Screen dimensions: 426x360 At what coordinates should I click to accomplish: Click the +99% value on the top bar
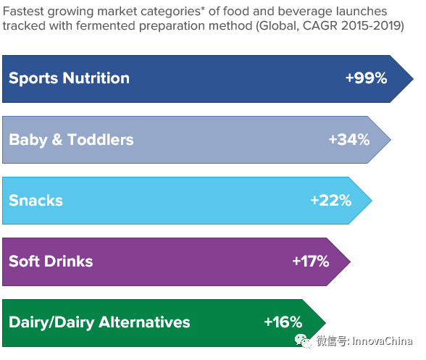tap(367, 78)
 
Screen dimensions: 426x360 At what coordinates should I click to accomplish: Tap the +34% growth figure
tap(349, 139)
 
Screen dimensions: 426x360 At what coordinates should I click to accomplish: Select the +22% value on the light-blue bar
tap(331, 201)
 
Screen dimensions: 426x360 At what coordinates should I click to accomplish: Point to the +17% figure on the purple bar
tap(311, 261)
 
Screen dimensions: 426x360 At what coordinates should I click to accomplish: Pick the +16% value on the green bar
tap(283, 322)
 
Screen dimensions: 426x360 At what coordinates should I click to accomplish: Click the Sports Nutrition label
tap(70, 78)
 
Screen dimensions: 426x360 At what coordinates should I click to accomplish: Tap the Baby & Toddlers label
tap(71, 140)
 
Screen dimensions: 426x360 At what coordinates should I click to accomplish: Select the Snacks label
tap(35, 201)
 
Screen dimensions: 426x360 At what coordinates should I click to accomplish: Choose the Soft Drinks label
tap(51, 261)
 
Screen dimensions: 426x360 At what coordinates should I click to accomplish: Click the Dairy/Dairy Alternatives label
tap(99, 323)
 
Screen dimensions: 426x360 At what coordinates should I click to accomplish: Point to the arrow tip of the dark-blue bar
tap(414, 79)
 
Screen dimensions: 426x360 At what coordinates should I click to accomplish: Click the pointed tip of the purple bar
tap(351, 261)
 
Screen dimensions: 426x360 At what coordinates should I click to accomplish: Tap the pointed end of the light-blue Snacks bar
tap(372, 201)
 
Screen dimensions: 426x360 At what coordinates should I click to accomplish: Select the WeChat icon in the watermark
tap(303, 341)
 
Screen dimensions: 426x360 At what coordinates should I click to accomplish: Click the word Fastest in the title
tap(23, 12)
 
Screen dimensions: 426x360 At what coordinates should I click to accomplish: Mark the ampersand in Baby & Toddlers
tap(57, 139)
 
